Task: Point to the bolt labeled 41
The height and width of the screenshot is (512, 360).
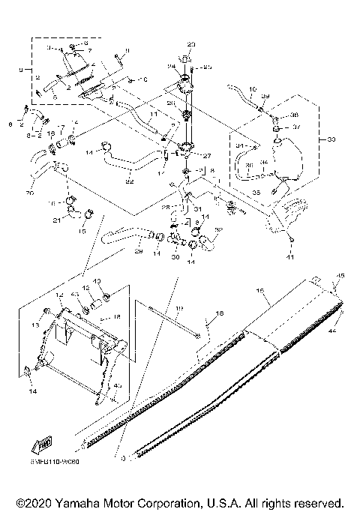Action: (291, 241)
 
